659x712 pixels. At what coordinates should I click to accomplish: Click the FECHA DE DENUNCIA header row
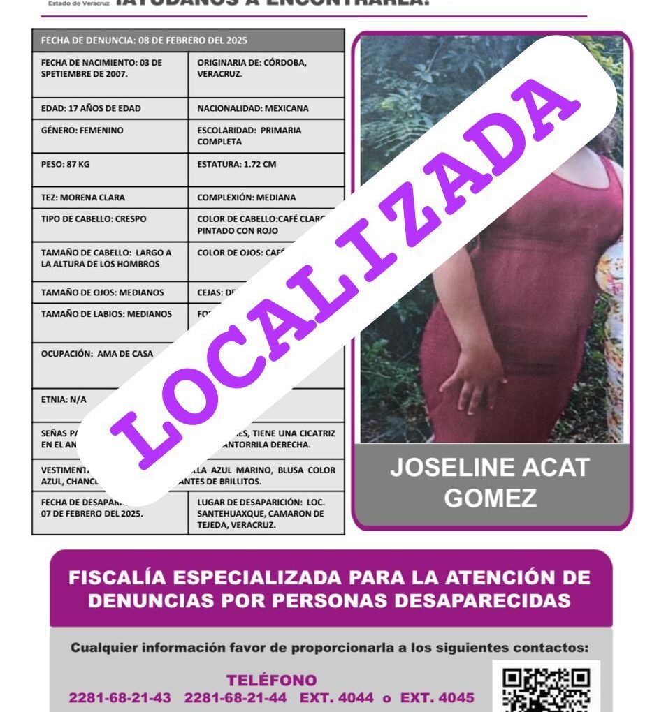click(188, 40)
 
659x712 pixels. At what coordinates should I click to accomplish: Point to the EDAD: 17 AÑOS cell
click(110, 108)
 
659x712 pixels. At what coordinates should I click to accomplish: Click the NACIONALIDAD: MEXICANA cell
click(266, 108)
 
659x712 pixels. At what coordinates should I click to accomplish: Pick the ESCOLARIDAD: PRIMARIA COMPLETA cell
click(266, 136)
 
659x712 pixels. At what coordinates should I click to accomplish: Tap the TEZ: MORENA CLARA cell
click(110, 198)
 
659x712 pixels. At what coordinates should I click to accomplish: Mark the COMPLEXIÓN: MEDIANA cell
click(266, 198)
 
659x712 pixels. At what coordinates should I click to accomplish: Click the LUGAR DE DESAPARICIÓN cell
click(266, 513)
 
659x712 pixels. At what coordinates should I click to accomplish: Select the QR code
click(547, 688)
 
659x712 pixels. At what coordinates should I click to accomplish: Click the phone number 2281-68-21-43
click(120, 697)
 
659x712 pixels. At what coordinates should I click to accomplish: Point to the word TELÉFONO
click(271, 680)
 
